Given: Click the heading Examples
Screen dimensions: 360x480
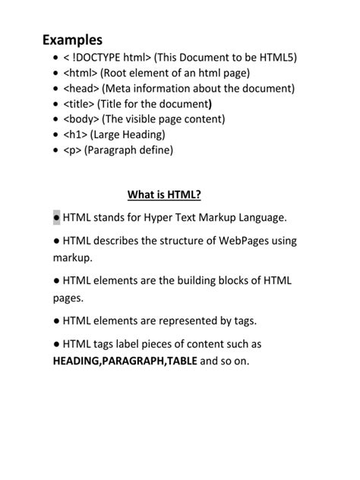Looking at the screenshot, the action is pyautogui.click(x=72, y=39).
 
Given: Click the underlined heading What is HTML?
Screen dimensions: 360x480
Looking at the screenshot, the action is pyautogui.click(x=164, y=195).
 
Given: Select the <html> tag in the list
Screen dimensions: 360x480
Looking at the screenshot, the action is pyautogui.click(x=80, y=74).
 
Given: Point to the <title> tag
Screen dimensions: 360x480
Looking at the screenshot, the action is pyautogui.click(x=79, y=104).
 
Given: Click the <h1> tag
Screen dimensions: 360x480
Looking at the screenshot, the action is pyautogui.click(x=75, y=134).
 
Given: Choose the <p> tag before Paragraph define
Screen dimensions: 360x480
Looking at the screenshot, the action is pyautogui.click(x=72, y=150).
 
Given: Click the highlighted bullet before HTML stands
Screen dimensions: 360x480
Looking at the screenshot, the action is pyautogui.click(x=57, y=218).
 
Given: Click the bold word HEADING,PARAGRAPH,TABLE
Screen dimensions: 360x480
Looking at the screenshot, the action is pyautogui.click(x=125, y=361).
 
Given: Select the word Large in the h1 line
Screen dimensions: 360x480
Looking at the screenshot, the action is pyautogui.click(x=108, y=134).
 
